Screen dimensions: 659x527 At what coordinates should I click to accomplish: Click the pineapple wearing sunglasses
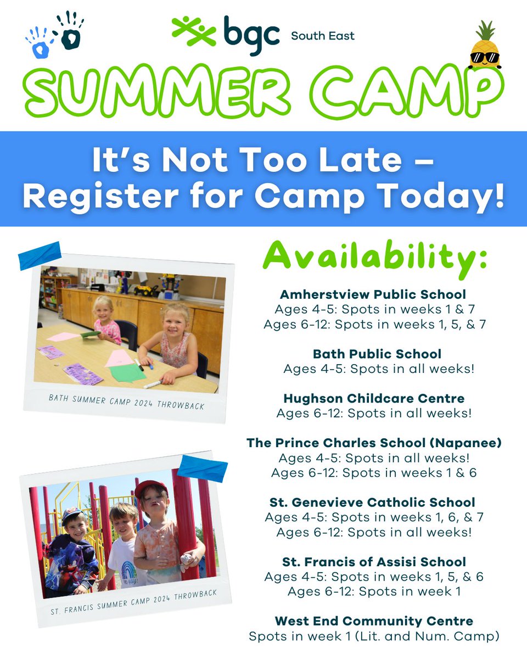485,48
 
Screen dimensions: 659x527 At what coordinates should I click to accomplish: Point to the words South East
322,36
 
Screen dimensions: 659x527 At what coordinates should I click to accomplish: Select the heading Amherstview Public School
373,294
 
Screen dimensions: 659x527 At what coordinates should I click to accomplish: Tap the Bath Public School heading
377,354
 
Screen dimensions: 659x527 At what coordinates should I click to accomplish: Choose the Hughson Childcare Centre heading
374,398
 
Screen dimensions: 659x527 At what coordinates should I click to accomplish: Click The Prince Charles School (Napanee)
374,443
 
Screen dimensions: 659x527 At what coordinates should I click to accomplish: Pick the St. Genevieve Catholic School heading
373,502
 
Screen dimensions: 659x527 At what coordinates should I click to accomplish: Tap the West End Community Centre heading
374,622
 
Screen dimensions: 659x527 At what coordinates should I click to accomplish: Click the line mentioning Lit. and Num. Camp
374,636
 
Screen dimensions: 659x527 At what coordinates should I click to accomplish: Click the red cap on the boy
151,487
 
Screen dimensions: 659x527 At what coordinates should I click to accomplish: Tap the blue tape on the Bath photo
40,256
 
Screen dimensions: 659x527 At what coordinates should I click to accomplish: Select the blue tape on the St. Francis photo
202,467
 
